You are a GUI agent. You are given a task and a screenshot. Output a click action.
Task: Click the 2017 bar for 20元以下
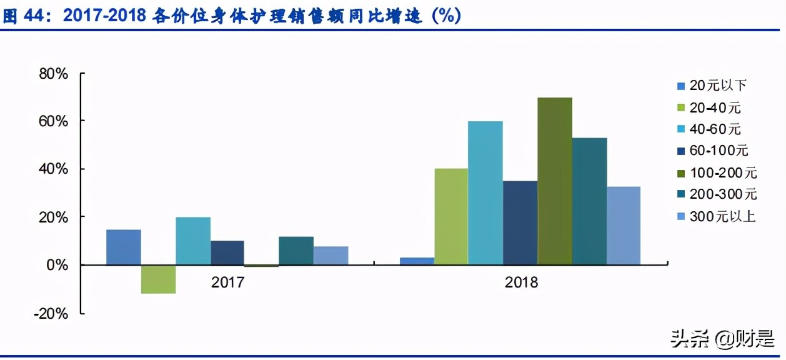[x=124, y=247]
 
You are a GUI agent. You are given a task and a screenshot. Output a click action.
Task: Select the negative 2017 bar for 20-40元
[x=158, y=279]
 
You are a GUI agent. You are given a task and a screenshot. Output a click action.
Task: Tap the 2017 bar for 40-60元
[x=193, y=241]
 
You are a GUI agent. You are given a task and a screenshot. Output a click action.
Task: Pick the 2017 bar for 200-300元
[x=296, y=251]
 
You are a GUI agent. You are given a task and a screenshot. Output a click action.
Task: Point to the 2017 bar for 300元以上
[x=331, y=256]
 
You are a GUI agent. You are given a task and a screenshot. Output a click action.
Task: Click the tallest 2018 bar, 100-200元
[x=555, y=181]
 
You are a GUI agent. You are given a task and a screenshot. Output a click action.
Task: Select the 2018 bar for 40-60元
[x=485, y=193]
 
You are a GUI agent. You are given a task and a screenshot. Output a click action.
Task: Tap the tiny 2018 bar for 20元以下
[x=417, y=261]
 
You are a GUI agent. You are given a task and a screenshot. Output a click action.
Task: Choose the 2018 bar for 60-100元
[x=520, y=222]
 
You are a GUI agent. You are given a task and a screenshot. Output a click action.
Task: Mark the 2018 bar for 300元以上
[x=624, y=226]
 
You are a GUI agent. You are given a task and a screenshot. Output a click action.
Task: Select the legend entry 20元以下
[x=718, y=86]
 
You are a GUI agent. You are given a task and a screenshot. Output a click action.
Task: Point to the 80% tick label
[x=54, y=74]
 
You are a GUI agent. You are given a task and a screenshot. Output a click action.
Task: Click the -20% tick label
[x=52, y=314]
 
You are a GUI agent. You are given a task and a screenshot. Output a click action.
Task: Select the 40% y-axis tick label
[x=54, y=169]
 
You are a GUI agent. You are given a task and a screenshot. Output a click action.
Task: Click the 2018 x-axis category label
[x=520, y=282]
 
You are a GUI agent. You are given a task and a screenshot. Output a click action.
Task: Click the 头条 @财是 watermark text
[x=722, y=340]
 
